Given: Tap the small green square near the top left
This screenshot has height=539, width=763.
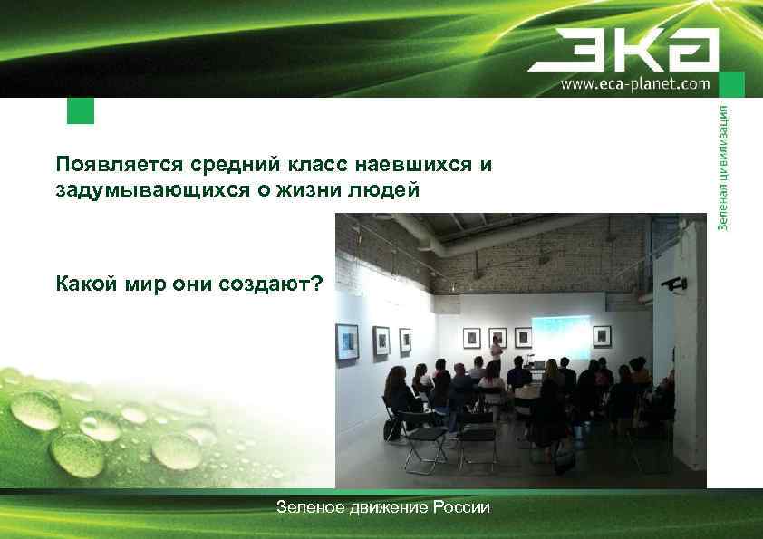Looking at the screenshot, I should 81,111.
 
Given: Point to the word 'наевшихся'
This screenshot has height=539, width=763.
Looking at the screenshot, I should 413,166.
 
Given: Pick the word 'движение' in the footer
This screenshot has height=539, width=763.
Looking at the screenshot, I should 383,507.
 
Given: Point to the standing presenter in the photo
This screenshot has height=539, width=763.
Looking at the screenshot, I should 497,353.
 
